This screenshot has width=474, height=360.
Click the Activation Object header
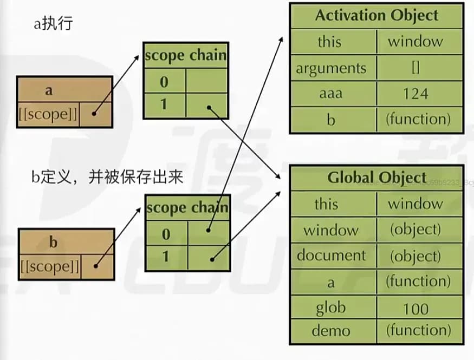[x=376, y=15]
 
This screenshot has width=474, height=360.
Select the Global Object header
[x=376, y=178]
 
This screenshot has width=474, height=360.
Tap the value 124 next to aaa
[x=415, y=94]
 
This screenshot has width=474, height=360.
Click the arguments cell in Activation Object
[x=331, y=68]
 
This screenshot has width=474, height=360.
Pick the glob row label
[x=331, y=308]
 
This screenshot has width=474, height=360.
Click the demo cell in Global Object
[x=331, y=330]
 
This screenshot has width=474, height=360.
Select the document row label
[x=331, y=255]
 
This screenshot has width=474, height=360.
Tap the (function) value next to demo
[x=418, y=330]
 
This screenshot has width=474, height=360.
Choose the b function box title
[x=53, y=241]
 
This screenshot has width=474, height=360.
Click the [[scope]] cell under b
[x=49, y=266]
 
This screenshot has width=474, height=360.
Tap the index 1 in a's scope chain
[x=164, y=104]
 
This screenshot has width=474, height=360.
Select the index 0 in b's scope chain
[x=166, y=234]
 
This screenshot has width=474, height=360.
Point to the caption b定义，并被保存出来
[x=107, y=178]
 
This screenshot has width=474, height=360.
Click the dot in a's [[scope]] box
[x=95, y=114]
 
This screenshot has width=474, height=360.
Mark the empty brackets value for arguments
[x=415, y=68]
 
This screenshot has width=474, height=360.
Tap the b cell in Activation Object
[x=331, y=119]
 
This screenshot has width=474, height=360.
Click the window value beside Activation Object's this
[x=415, y=42]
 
